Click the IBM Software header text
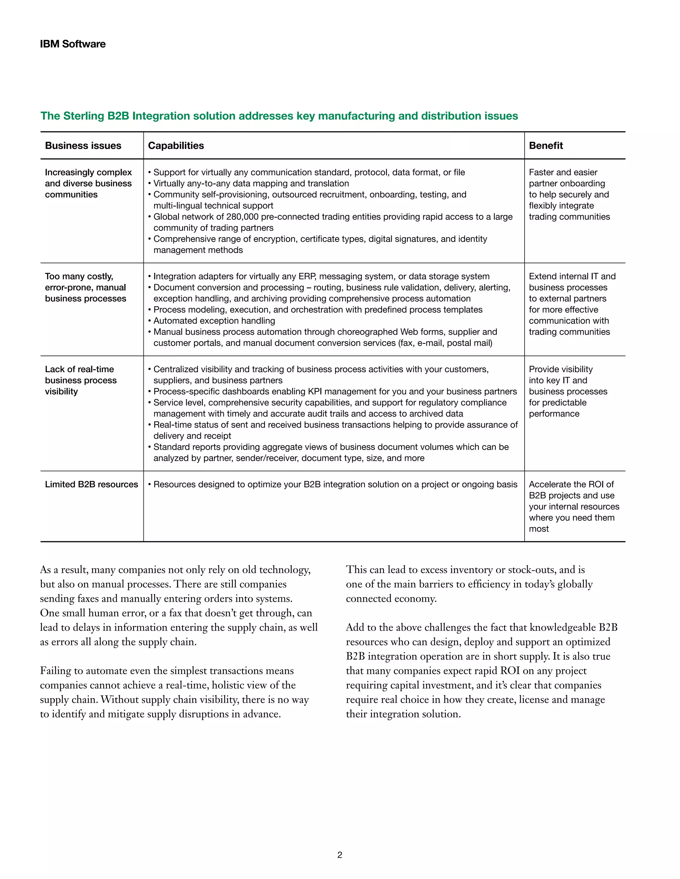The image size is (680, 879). click(x=72, y=44)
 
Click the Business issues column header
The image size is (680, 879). click(x=83, y=145)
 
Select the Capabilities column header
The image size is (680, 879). click(x=176, y=145)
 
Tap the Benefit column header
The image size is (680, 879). click(x=546, y=145)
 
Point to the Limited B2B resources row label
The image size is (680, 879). click(x=91, y=484)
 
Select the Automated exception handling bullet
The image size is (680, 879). click(x=214, y=321)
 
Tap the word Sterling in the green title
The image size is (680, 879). click(x=83, y=116)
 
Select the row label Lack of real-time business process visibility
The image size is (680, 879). click(x=81, y=380)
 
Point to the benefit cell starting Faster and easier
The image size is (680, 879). click(x=569, y=194)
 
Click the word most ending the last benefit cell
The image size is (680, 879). click(x=539, y=529)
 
